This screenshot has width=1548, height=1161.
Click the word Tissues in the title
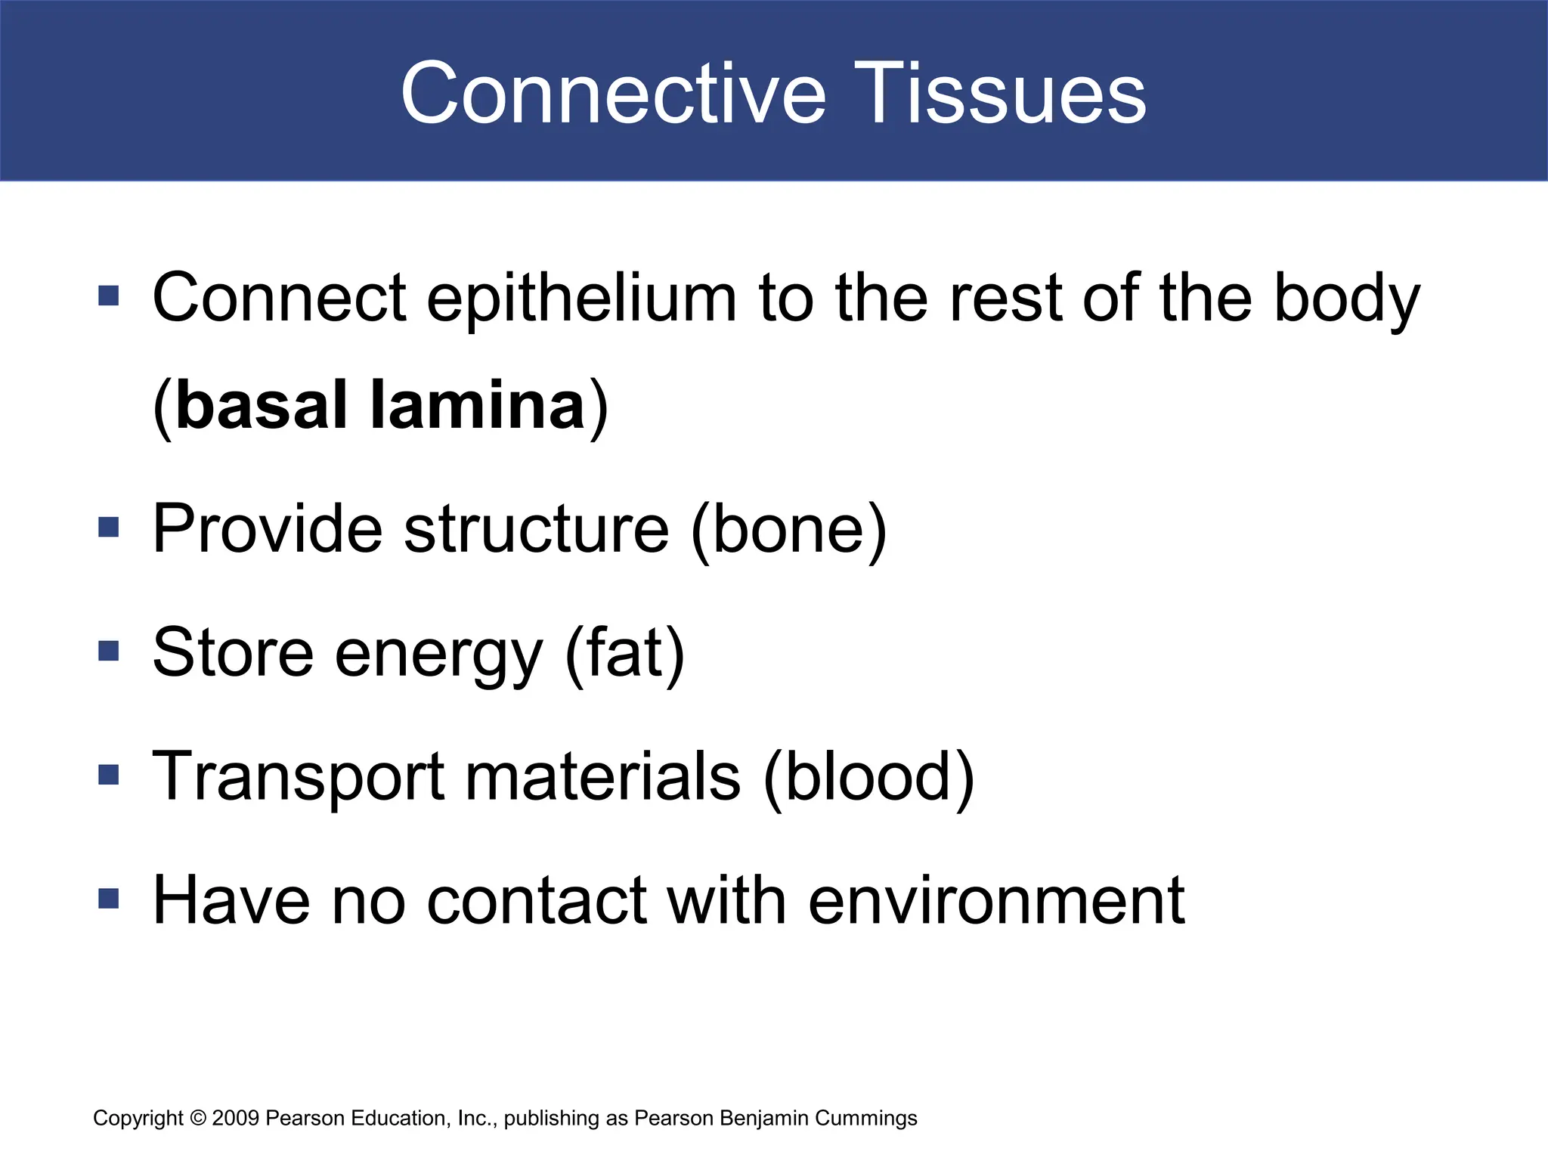1001,94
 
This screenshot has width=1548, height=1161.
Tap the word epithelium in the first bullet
581,299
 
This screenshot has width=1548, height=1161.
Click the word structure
536,529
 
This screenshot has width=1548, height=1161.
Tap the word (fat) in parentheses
625,653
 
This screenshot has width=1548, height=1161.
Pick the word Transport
299,779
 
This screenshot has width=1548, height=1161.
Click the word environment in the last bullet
995,901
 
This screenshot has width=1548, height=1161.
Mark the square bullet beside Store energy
109,651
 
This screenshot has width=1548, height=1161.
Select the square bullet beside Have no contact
109,898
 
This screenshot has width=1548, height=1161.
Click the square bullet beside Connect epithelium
109,296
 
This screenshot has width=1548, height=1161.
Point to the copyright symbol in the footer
198,1118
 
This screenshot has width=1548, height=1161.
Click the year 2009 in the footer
236,1118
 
